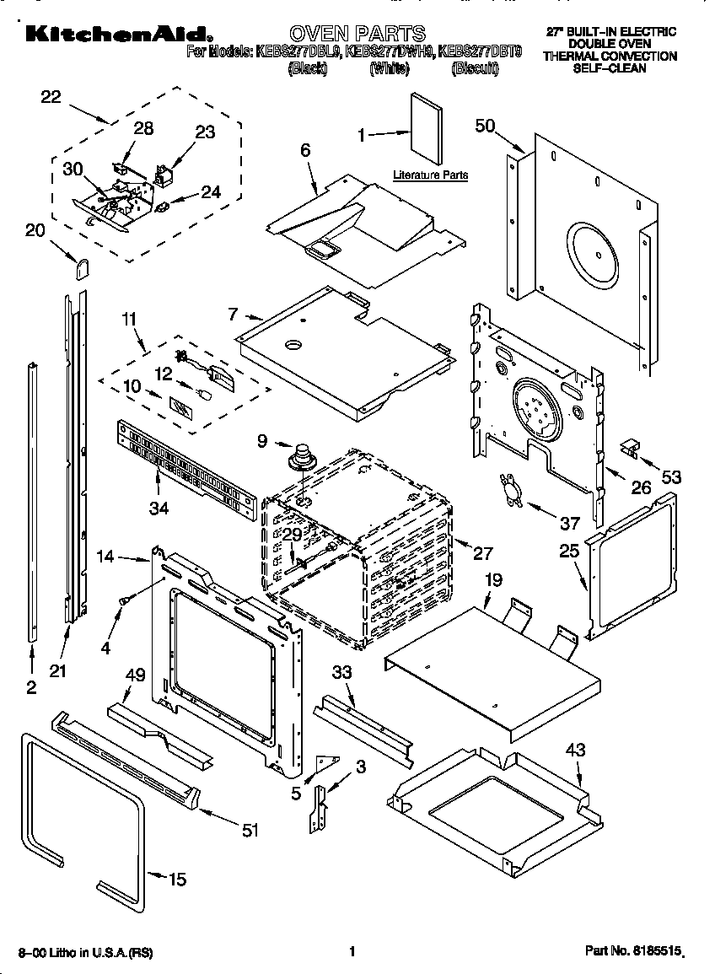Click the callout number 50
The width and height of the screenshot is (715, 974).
pos(486,126)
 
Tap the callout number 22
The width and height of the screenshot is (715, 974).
pos(51,97)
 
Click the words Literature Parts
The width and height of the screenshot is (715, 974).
pos(430,175)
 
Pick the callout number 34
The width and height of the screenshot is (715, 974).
pos(159,509)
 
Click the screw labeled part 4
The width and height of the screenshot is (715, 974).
pos(125,600)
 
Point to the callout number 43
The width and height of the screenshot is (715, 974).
pos(576,749)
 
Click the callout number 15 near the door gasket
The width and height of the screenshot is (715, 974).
pos(176,880)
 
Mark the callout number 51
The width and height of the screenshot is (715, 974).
pos(249,831)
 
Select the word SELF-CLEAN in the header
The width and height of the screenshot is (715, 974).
pos(610,67)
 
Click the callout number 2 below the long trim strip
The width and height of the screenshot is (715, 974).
pos(31,688)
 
